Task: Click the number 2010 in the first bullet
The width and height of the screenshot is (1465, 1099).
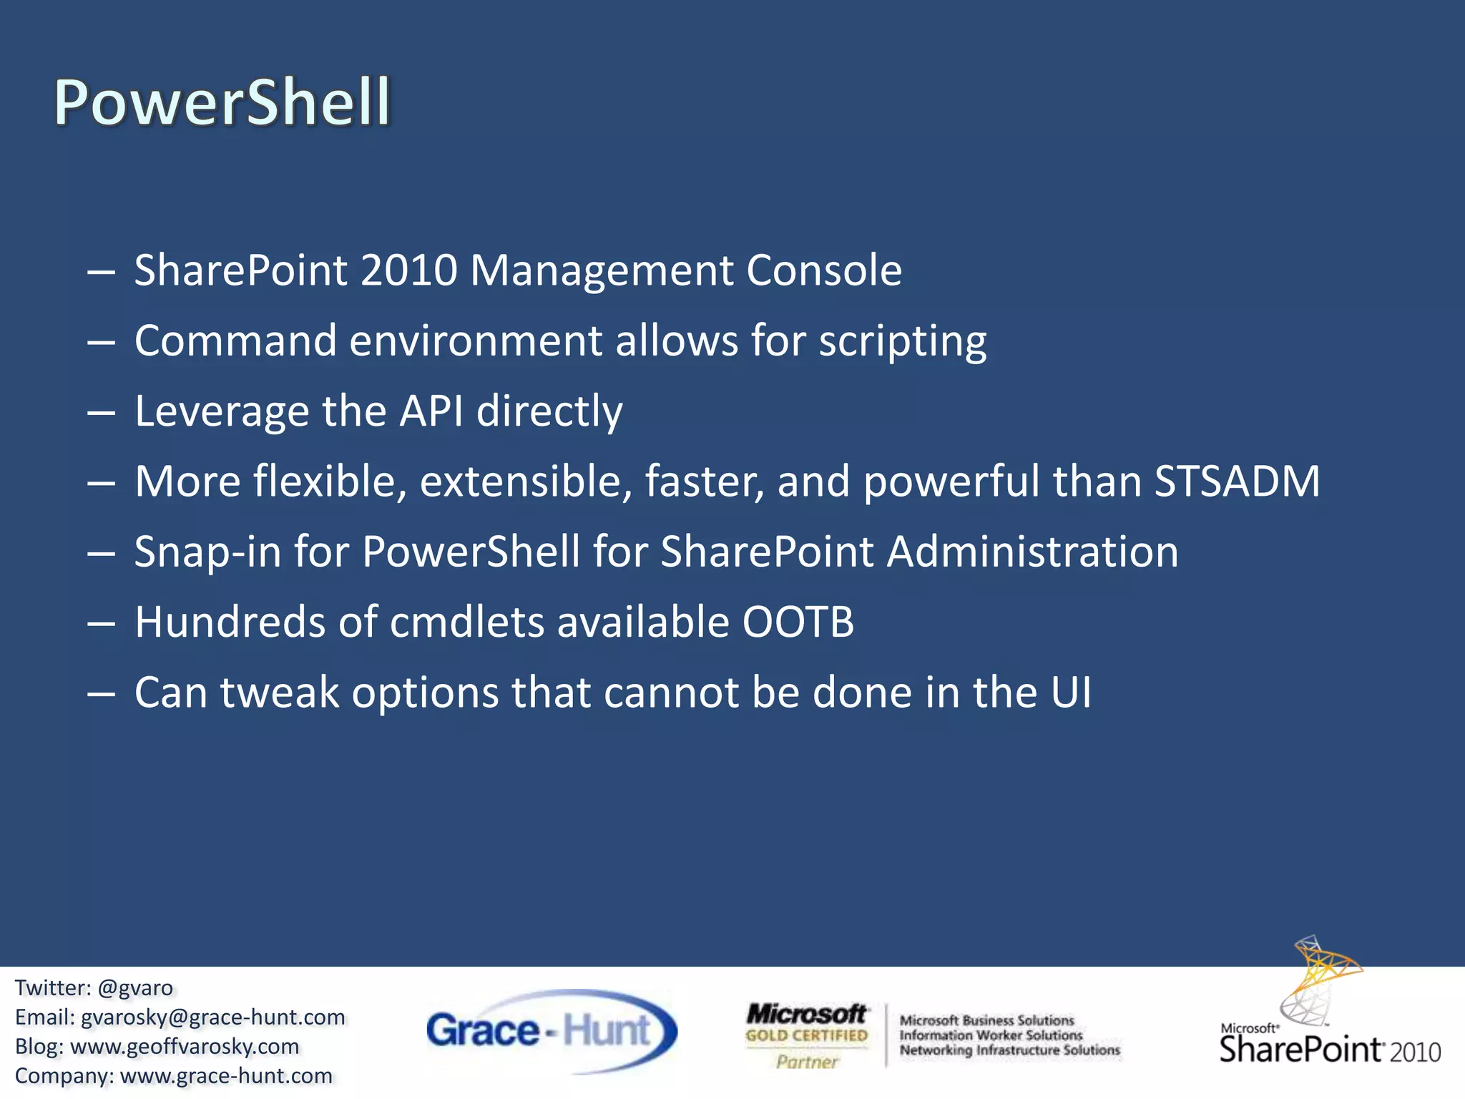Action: tap(408, 270)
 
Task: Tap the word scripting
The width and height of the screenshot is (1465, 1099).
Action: tap(902, 341)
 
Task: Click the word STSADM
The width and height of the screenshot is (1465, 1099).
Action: tap(1237, 482)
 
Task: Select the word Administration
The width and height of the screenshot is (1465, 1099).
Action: tap(1032, 552)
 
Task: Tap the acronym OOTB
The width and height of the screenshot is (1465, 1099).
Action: tap(798, 622)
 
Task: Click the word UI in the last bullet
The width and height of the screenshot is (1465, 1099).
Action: tap(1071, 693)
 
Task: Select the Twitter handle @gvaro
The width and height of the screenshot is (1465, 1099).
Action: tap(135, 988)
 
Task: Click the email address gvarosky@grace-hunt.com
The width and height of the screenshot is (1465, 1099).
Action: tap(213, 1017)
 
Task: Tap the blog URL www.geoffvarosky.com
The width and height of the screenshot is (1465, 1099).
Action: tap(185, 1047)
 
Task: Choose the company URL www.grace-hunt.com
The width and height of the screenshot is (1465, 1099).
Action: tap(226, 1076)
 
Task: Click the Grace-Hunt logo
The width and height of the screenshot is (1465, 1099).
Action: tap(551, 1031)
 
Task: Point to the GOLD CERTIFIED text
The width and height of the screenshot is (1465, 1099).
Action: tap(806, 1035)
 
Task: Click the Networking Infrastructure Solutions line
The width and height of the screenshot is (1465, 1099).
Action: tap(1009, 1050)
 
